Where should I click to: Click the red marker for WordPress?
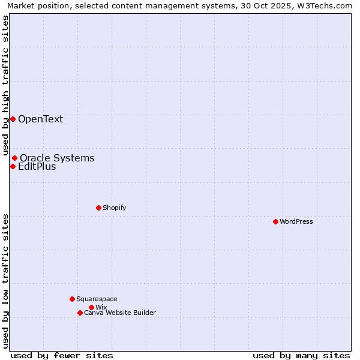pos(275,221)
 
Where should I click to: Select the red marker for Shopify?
pos(98,208)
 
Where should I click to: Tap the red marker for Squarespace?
pos(72,299)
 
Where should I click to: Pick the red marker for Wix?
pos(91,307)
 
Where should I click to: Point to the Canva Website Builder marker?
pos(80,313)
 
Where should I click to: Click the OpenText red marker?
pos(13,119)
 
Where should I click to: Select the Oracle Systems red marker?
pos(14,158)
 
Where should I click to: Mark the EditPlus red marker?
pos(13,166)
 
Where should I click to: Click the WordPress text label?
pos(296,221)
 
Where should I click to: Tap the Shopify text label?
pos(114,208)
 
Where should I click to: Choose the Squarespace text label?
pos(97,299)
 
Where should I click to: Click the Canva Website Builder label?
pos(119,313)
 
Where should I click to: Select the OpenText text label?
pos(40,119)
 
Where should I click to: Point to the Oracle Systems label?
pos(57,158)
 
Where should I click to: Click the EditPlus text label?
pos(37,166)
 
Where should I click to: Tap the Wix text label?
pos(101,307)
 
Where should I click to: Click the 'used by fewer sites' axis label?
pos(62,355)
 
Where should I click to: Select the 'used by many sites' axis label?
pos(301,355)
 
